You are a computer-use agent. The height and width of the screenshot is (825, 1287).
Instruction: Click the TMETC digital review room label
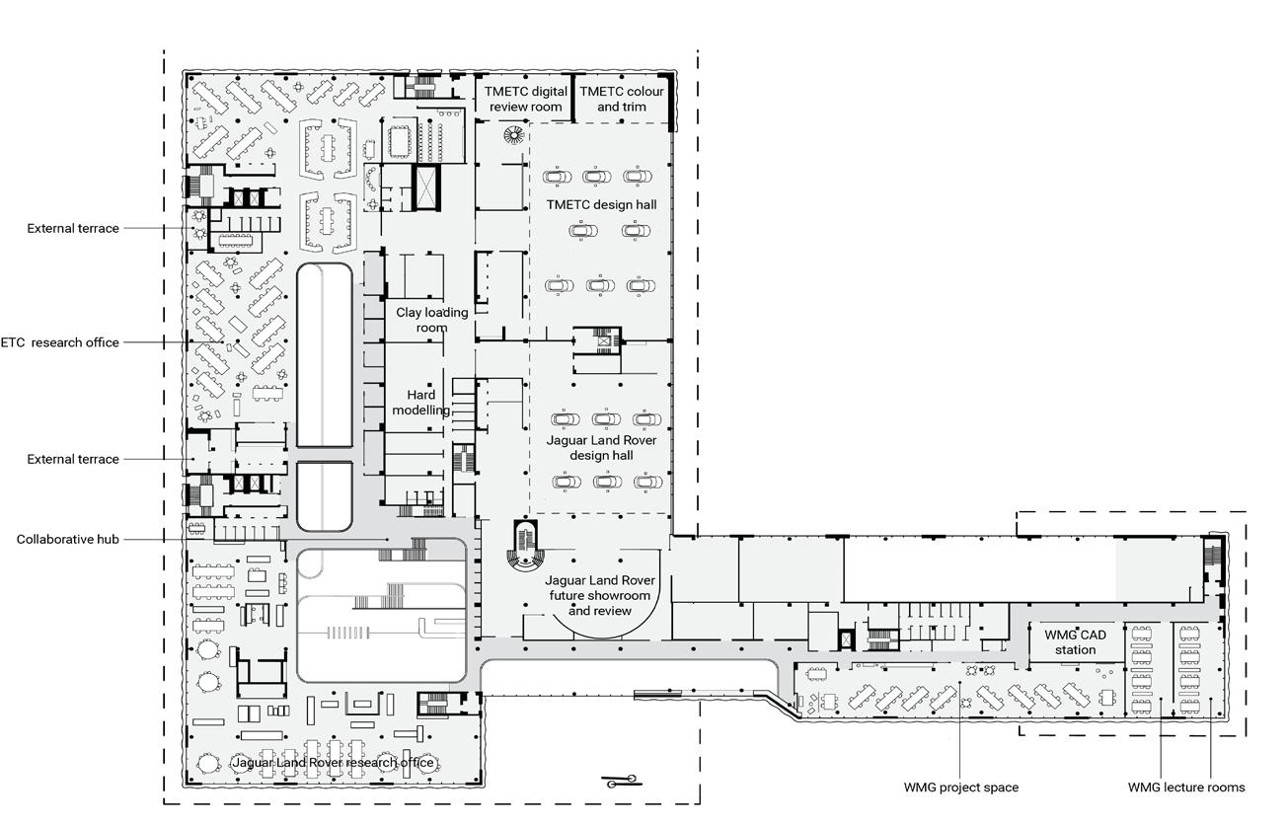point(525,99)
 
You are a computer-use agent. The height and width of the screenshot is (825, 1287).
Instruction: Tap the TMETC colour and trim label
point(621,99)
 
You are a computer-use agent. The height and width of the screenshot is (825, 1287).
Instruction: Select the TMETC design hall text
point(601,204)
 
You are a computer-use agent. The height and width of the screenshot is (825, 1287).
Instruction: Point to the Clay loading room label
point(431,320)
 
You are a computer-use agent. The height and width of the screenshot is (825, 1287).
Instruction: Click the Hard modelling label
point(420,403)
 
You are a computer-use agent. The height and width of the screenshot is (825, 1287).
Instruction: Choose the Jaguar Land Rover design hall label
point(601,448)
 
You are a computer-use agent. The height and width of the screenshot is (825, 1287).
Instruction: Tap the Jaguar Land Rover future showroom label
point(600,596)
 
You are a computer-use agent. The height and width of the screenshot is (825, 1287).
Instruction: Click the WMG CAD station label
point(1075,642)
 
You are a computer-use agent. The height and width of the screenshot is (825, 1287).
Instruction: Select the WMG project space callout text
point(960,787)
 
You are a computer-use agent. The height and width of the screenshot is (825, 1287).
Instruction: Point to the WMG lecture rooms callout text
point(1186,787)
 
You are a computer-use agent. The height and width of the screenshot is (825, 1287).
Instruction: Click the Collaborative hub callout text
point(67,539)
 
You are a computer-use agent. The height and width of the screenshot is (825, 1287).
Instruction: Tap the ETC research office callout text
point(60,342)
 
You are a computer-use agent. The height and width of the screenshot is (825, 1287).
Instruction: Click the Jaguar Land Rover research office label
point(333,763)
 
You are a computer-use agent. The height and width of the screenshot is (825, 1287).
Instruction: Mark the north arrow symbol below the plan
point(622,781)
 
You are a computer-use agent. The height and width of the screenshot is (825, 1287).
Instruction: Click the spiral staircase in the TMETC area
point(513,135)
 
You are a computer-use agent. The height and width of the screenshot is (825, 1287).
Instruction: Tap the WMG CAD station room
point(1076,641)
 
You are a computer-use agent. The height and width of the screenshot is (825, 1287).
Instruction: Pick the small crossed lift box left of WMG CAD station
point(845,639)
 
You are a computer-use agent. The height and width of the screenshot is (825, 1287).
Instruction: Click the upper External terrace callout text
point(73,228)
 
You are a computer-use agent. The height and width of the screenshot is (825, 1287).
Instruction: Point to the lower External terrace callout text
point(73,459)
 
